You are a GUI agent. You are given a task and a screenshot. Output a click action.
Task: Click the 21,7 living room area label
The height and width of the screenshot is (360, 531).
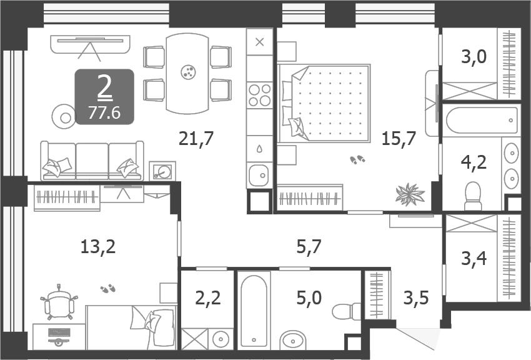[196, 139]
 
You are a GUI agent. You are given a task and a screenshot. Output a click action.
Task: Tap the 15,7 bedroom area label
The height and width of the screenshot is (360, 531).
[399, 139]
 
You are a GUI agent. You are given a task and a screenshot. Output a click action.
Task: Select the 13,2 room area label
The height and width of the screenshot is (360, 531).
[98, 247]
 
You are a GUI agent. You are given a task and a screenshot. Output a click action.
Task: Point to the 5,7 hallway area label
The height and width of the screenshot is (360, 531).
[309, 247]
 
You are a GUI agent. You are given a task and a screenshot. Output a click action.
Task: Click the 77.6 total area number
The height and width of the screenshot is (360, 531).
[104, 112]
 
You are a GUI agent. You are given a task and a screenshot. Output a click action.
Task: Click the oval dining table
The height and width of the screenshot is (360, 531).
[187, 72]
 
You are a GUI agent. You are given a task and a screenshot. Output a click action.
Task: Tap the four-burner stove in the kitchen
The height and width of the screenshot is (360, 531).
[260, 95]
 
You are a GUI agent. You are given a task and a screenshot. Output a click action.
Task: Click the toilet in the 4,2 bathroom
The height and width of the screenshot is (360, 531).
[474, 196]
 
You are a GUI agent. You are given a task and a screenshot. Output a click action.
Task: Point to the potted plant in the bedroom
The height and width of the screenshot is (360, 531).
[410, 192]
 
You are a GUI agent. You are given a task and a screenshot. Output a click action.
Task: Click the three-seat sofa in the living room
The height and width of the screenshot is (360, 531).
[92, 161]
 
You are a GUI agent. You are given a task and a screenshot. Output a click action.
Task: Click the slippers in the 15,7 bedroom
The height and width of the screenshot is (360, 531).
[358, 160]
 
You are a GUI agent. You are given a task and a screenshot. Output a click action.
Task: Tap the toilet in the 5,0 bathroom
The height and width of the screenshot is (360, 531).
[345, 311]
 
